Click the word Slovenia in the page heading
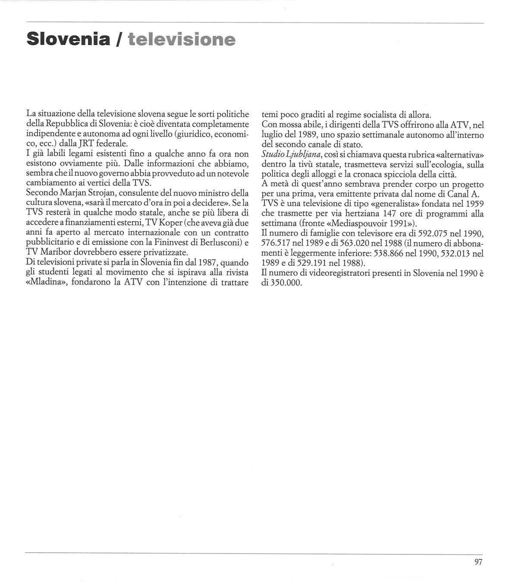coord(67,39)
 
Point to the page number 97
coord(478,562)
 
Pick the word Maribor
coord(56,252)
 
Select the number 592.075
coord(425,233)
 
